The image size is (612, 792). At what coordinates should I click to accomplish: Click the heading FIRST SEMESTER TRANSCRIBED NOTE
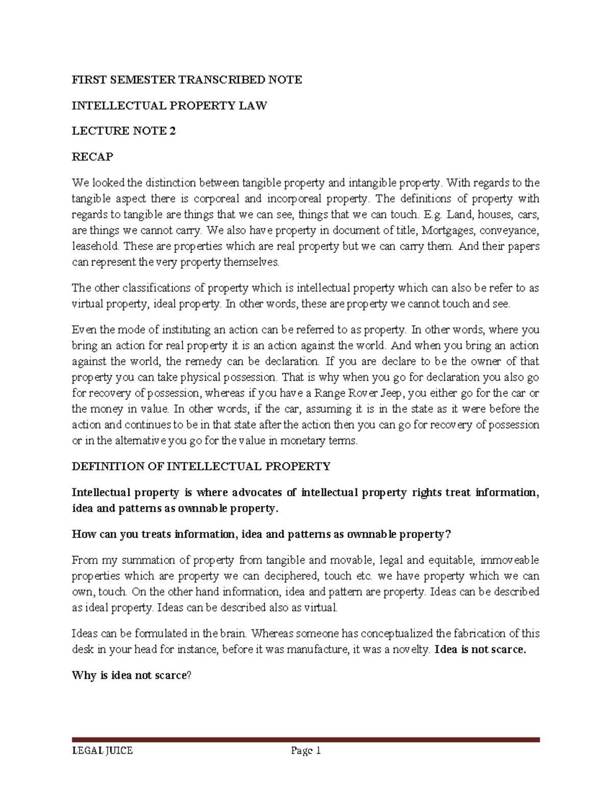click(x=187, y=80)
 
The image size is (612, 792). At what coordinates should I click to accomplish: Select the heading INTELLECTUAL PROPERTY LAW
click(x=169, y=106)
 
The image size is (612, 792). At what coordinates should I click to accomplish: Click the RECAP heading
click(x=92, y=157)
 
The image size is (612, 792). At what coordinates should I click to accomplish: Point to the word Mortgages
click(x=446, y=231)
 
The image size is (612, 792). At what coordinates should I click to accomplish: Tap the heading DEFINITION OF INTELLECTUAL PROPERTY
click(x=201, y=466)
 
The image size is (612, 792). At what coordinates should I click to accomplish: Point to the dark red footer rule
click(x=305, y=739)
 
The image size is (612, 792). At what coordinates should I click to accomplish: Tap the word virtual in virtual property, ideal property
click(x=87, y=304)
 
